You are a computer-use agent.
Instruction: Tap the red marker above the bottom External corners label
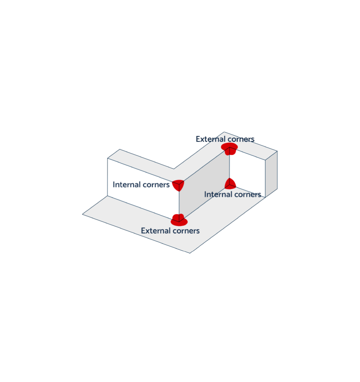[x=179, y=220]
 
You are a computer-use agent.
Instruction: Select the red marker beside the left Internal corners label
[x=178, y=185]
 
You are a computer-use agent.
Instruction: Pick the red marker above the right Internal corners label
[x=230, y=184]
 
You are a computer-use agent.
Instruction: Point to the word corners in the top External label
[x=239, y=139]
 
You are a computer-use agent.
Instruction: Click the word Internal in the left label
[x=127, y=185]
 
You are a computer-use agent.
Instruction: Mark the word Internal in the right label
[x=218, y=194]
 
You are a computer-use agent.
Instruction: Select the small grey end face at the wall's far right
[x=271, y=174]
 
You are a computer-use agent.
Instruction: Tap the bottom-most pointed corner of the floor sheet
[x=190, y=253]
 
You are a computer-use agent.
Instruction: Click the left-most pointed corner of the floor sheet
[x=82, y=214]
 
